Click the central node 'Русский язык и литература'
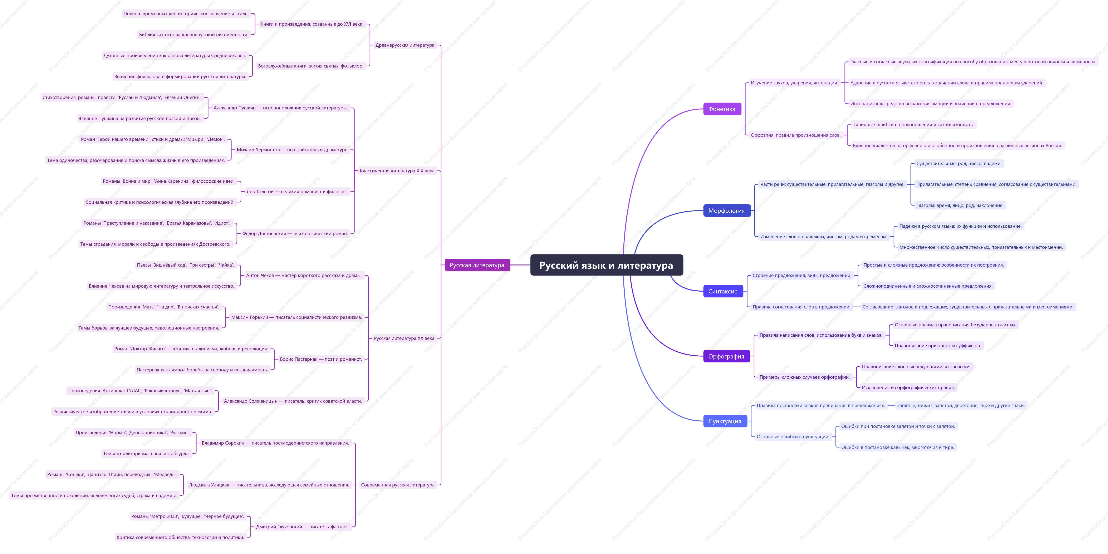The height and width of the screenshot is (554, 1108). [x=607, y=265]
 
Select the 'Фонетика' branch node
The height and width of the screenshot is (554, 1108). [x=722, y=109]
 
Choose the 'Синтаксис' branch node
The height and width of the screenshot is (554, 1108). [x=723, y=291]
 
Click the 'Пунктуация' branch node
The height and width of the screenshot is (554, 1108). [x=725, y=421]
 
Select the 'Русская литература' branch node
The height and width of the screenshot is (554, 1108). [x=477, y=265]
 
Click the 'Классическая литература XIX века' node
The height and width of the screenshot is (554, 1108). [x=397, y=171]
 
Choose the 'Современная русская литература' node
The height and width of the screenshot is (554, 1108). [x=398, y=485]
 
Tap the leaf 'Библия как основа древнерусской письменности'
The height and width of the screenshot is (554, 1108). [x=194, y=34]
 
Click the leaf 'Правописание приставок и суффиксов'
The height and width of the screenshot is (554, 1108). [x=938, y=345]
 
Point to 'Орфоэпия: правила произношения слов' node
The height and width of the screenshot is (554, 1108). [x=796, y=135]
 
